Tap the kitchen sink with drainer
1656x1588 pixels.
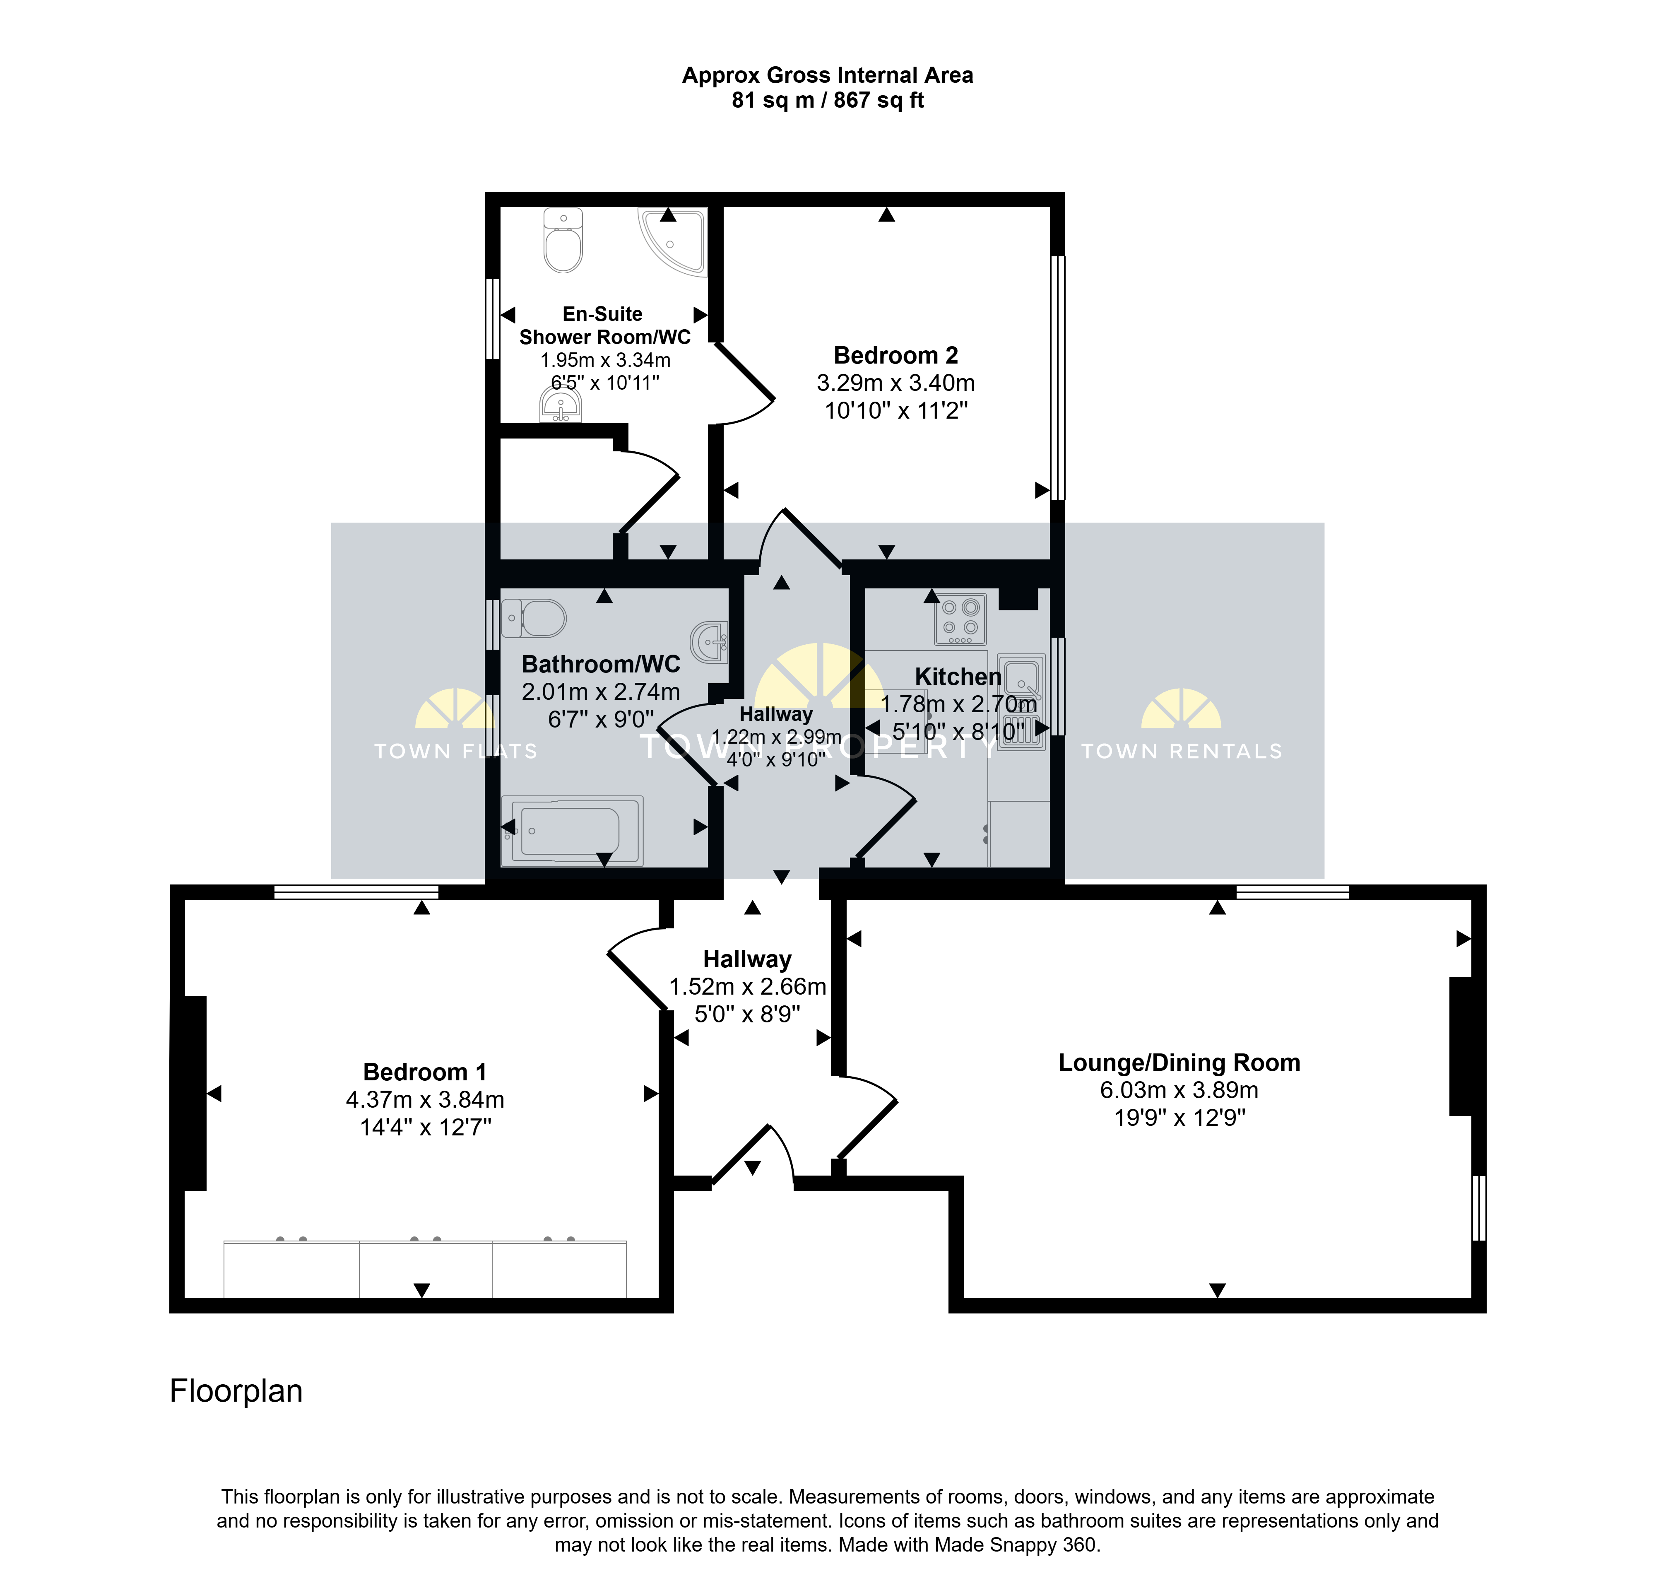pyautogui.click(x=1021, y=701)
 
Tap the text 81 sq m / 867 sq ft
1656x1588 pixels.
pyautogui.click(x=828, y=101)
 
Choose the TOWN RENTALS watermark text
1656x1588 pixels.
pyautogui.click(x=1182, y=751)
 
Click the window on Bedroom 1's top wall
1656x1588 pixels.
pyautogui.click(x=356, y=892)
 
